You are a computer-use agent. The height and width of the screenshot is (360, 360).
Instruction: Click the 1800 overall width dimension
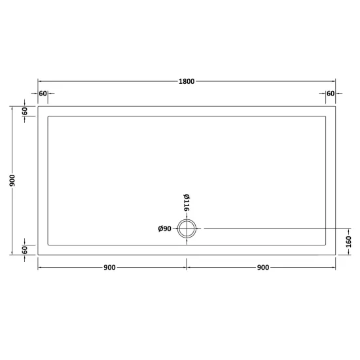pos(187,81)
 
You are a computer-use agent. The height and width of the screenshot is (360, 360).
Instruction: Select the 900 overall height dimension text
pos(12,180)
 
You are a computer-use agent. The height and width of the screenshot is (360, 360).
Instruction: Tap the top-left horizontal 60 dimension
pos(43,94)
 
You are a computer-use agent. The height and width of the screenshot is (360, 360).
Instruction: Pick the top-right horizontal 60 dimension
pos(331,94)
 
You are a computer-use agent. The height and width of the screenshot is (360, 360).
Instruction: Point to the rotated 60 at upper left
pos(25,111)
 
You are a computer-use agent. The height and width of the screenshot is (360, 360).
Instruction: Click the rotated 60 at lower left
pos(25,250)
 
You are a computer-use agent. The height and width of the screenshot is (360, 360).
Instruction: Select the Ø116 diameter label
pos(187,203)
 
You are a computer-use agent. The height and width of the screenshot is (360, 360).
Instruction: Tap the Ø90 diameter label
pos(164,228)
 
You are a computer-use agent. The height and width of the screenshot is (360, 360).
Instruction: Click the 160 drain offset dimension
pos(348,242)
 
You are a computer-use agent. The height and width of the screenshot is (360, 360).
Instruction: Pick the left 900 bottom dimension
pos(109,268)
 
